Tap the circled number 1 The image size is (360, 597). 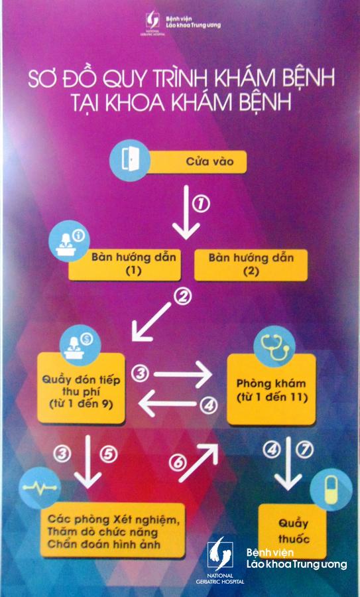(x=202, y=205)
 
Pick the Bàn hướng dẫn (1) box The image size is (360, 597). (x=125, y=265)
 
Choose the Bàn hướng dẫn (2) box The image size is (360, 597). (x=251, y=265)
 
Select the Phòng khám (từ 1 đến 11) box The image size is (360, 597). (x=271, y=389)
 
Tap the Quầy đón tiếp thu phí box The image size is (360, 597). (x=81, y=387)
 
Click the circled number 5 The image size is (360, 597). (x=109, y=454)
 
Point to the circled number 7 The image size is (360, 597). (x=305, y=450)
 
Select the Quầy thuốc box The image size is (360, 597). (x=292, y=531)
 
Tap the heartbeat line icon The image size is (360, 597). (x=40, y=488)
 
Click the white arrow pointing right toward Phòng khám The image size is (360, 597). (x=183, y=374)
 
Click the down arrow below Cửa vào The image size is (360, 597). (x=186, y=212)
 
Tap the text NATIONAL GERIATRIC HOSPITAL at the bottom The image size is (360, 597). (x=225, y=578)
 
